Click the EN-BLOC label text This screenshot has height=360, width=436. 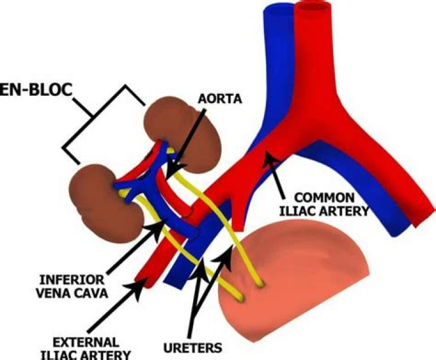pyautogui.click(x=36, y=90)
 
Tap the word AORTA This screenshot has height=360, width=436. pyautogui.click(x=220, y=99)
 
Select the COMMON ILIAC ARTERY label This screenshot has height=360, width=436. pyautogui.click(x=324, y=204)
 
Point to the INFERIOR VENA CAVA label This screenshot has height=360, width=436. pyautogui.click(x=72, y=286)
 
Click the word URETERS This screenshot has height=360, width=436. pyautogui.click(x=193, y=348)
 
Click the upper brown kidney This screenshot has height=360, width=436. pyautogui.click(x=182, y=135)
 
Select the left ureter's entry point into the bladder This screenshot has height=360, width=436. pyautogui.click(x=240, y=298)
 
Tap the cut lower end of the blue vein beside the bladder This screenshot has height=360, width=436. pyautogui.click(x=174, y=284)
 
